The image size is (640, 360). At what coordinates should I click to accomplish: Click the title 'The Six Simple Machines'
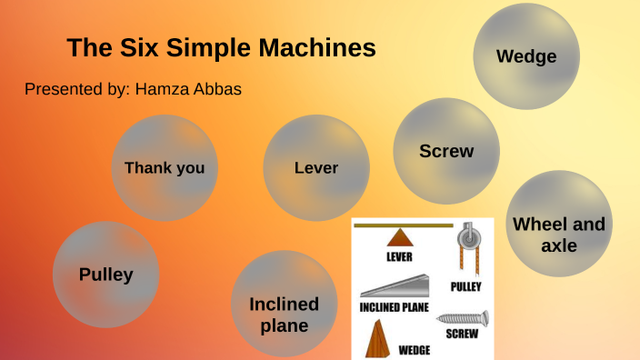coord(221,48)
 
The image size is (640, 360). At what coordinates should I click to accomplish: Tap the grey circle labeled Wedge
coord(525,56)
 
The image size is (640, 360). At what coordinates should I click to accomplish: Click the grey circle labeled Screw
coord(446,151)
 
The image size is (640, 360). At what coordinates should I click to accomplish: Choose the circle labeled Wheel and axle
coord(558,234)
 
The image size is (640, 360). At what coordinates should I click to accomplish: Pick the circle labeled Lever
coord(316,168)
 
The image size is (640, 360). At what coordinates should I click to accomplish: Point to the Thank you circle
coord(165,168)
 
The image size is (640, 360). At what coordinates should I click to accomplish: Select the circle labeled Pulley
coord(105,275)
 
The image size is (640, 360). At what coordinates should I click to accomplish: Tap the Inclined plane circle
coord(285,315)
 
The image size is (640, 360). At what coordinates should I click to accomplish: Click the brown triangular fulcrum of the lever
coord(399,238)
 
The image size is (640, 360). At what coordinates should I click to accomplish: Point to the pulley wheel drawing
coord(465,238)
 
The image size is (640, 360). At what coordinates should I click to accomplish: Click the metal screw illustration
coord(463,319)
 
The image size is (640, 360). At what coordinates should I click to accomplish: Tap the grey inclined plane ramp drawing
coord(394,289)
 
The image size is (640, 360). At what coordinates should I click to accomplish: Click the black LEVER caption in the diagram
coord(399,256)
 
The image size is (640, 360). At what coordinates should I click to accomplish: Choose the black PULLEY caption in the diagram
coord(466,287)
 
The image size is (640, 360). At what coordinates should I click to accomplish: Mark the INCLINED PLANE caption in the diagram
coord(395,306)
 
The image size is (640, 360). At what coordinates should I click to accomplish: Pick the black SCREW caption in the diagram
coord(462,334)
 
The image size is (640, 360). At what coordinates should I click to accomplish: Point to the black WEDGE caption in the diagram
coord(415,348)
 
